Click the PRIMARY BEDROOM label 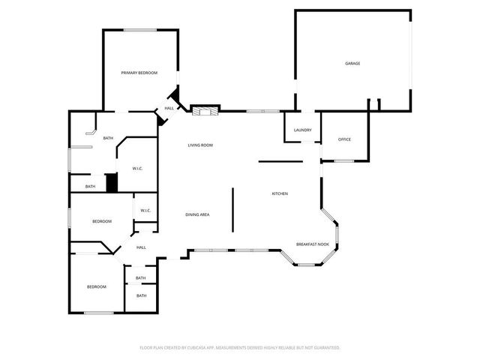[x=139, y=73]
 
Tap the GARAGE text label [x=352, y=64]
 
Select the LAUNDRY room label [x=302, y=130]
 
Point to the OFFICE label [x=344, y=139]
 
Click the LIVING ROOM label [x=200, y=145]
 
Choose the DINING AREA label [x=197, y=215]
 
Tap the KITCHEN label [x=279, y=194]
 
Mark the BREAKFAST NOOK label [x=313, y=244]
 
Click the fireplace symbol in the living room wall [x=204, y=112]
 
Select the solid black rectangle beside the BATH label [x=112, y=183]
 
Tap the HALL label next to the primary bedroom [x=169, y=109]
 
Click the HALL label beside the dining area [x=141, y=247]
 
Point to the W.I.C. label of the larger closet [x=137, y=169]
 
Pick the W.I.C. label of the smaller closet [x=145, y=211]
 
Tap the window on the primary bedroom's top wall [x=139, y=30]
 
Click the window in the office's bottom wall [x=344, y=160]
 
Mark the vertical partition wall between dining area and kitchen [x=232, y=210]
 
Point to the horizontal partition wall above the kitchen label [x=280, y=160]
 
